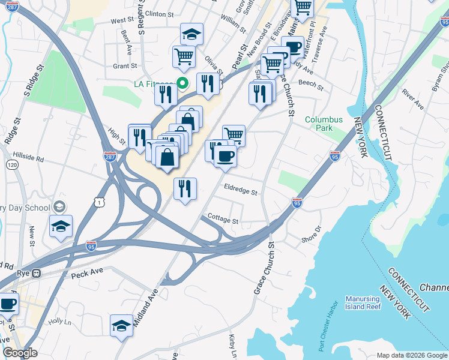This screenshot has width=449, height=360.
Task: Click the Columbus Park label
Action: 324,124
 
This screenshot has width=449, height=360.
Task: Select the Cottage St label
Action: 223,220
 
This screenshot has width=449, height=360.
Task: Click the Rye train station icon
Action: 37,272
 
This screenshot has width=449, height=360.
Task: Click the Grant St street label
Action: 125,67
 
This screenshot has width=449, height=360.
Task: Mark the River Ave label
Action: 412,100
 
